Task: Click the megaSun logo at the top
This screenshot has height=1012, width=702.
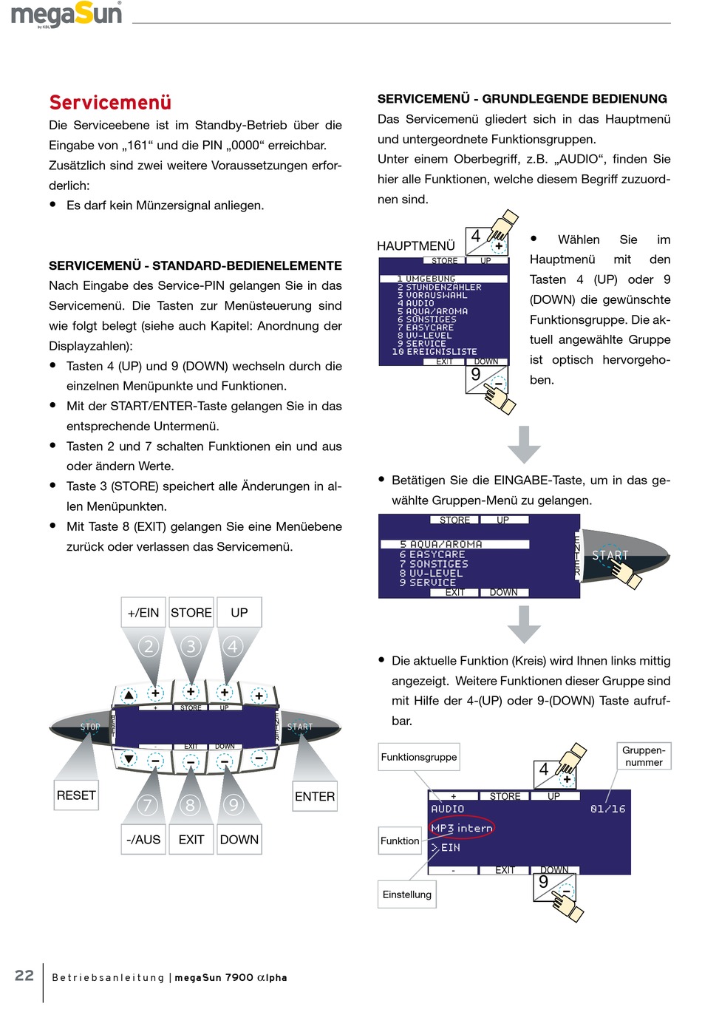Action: coord(67,15)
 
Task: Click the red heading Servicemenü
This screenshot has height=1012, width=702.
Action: coord(110,103)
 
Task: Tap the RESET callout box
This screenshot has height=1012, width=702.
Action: coord(76,795)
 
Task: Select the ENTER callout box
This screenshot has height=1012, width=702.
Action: coord(315,796)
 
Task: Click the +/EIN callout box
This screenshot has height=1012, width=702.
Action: coord(143,613)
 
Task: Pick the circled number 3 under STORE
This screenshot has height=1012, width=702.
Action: coord(191,647)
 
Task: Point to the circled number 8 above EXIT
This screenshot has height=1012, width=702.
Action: coord(191,804)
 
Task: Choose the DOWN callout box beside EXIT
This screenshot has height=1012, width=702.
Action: coord(239,840)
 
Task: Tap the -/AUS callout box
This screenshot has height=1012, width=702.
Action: coord(143,840)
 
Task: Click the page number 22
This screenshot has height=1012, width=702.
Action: coord(24,976)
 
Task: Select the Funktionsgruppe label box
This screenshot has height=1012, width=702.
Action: coord(419,757)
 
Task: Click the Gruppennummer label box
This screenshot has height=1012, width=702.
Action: coord(644,756)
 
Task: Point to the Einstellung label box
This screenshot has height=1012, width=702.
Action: coord(407,894)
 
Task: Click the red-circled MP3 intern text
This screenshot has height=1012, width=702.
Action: coord(462,829)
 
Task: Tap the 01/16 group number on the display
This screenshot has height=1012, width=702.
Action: coord(607,809)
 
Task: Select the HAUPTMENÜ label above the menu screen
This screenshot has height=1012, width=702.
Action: coord(416,246)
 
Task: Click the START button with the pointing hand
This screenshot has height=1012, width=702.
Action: coord(610,556)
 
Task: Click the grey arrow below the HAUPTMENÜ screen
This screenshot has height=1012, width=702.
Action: coord(525,444)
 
